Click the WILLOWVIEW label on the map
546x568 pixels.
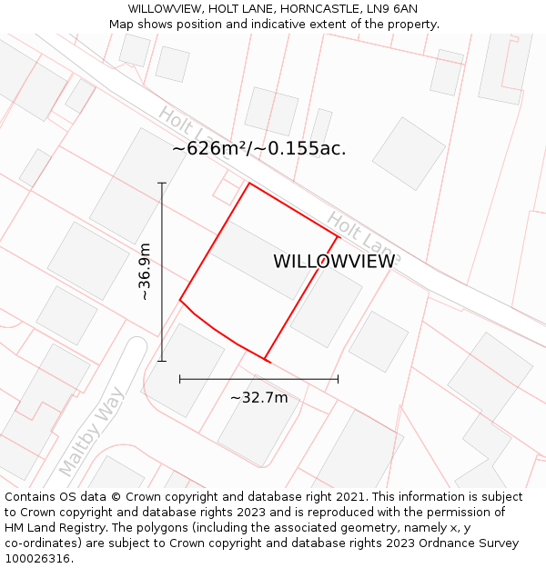click(334, 262)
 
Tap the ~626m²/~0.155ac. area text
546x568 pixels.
click(259, 148)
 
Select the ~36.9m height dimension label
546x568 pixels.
click(144, 272)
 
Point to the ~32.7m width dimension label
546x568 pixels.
click(258, 398)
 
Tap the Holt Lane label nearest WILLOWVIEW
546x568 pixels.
click(363, 233)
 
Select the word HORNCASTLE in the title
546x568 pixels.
click(315, 8)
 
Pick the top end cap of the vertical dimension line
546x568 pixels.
click(162, 184)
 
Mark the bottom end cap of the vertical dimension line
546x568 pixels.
click(162, 361)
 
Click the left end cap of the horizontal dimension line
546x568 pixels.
click(180, 379)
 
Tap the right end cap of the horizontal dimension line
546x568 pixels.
click(338, 379)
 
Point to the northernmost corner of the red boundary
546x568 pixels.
click(249, 184)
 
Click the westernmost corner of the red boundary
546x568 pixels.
click(180, 299)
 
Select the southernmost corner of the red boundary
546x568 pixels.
click(266, 360)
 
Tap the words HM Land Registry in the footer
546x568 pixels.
click(55, 528)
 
